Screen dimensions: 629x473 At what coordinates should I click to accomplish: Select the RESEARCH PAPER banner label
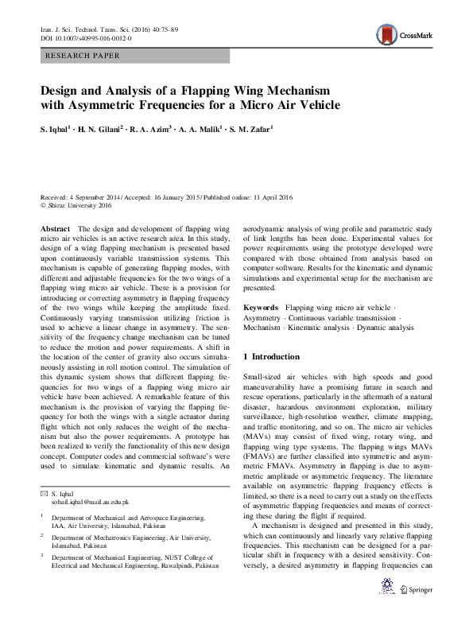pos(84,56)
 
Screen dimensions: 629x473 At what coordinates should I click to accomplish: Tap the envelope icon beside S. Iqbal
pos(44,495)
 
